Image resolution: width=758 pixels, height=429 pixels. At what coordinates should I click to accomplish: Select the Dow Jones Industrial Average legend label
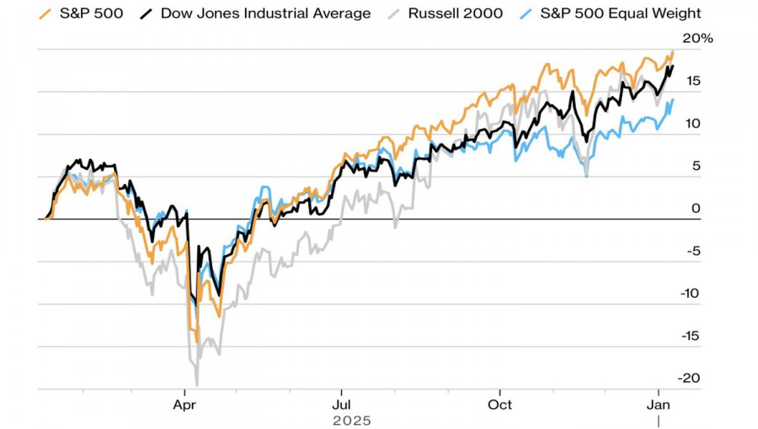click(x=265, y=13)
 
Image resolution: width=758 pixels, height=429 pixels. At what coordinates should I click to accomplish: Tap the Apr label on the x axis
click(x=184, y=404)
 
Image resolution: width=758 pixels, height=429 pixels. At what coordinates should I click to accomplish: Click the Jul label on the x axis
click(x=341, y=404)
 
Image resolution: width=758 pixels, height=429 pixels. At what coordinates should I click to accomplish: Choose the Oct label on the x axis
click(x=500, y=404)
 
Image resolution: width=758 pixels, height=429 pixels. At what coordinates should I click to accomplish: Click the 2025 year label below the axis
click(x=351, y=420)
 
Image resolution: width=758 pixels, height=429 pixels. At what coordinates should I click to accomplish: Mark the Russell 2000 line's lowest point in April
click(x=196, y=384)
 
